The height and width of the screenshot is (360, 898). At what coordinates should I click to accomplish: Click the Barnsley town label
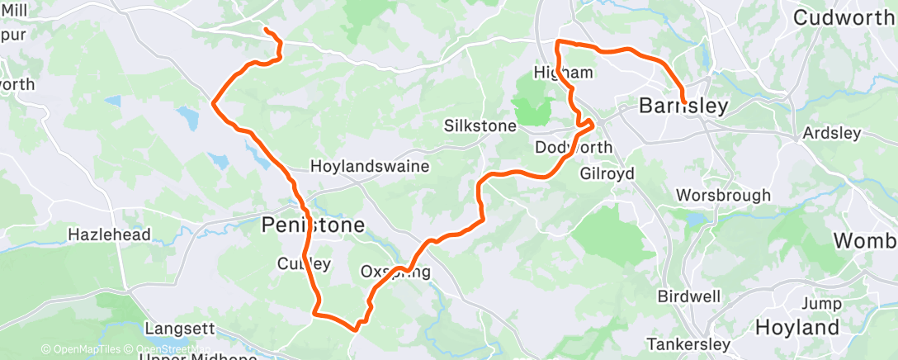684,107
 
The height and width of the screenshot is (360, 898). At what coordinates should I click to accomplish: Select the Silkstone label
480,127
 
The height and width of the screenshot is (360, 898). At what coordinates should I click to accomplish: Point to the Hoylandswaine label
369,166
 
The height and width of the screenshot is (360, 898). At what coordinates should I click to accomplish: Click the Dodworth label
574,148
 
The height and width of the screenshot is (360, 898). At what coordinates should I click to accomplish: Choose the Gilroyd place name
607,174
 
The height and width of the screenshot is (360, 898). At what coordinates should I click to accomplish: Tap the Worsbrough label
723,196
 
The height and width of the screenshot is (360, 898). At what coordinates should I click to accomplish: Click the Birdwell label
689,296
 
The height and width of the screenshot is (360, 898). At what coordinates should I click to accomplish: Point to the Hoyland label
797,327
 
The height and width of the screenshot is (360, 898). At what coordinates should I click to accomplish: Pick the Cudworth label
844,17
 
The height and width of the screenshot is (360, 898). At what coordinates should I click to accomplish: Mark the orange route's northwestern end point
265,31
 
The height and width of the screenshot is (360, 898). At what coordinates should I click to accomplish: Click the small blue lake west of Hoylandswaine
189,120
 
